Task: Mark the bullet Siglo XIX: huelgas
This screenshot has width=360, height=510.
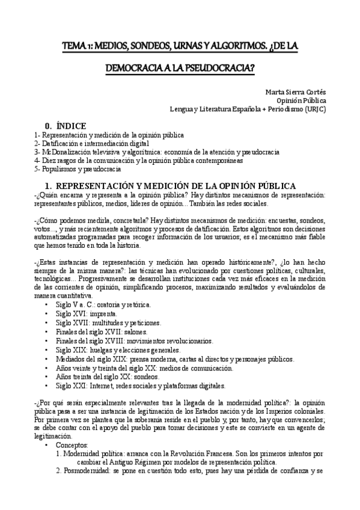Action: tap(114, 350)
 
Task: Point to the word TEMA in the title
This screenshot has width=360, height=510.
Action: tap(75, 45)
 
